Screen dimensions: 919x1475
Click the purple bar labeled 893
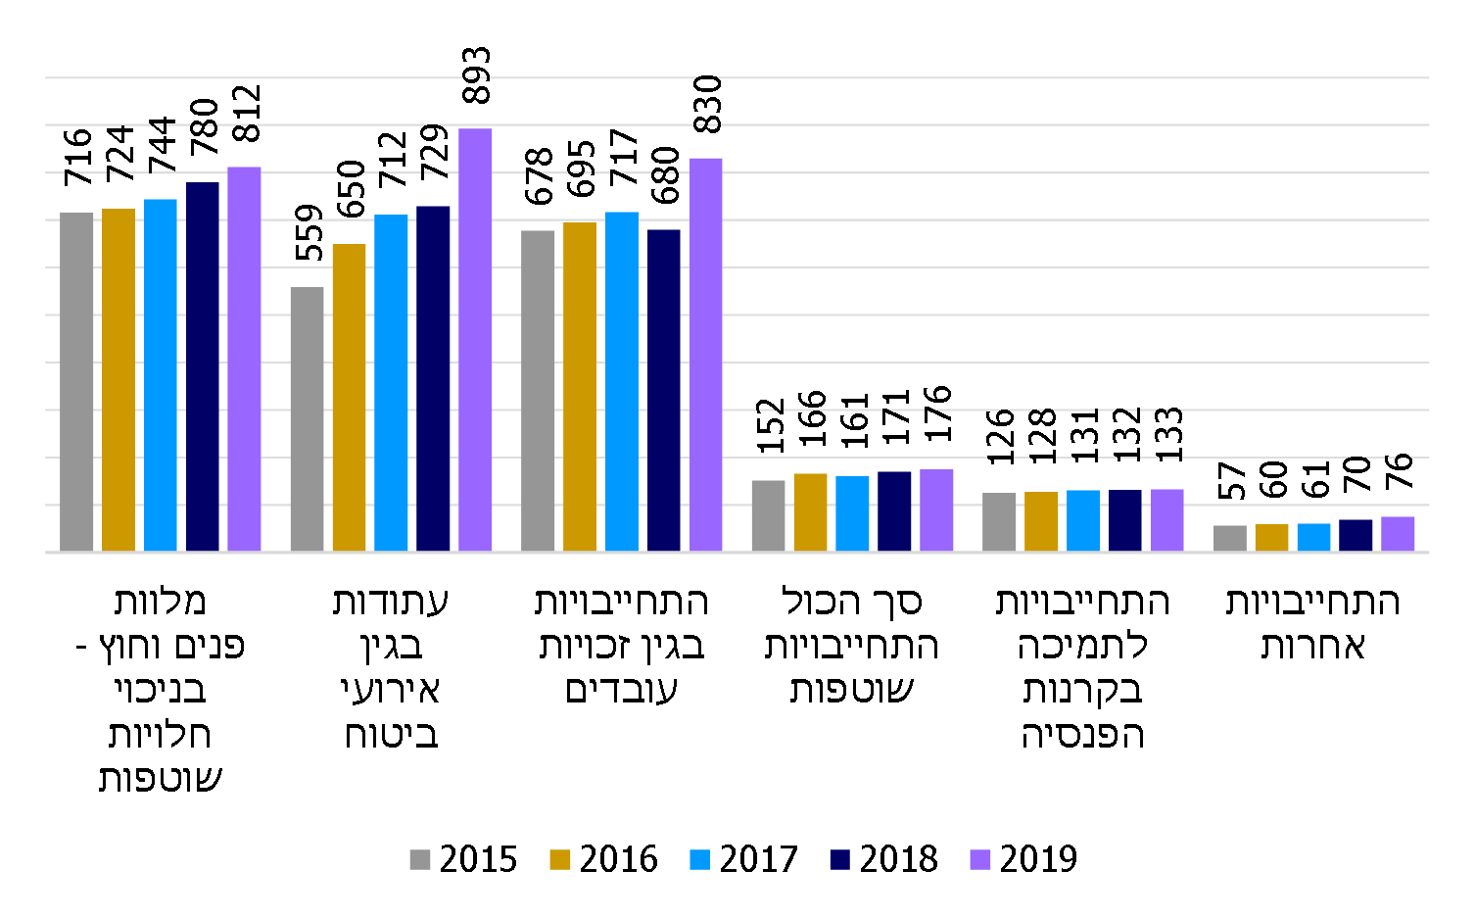click(x=475, y=339)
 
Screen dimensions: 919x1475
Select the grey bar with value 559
click(x=307, y=418)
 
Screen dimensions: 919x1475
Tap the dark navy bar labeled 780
click(x=202, y=366)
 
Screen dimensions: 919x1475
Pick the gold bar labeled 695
click(x=580, y=386)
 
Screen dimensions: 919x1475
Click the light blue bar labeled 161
click(x=852, y=512)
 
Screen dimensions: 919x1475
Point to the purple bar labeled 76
click(x=1398, y=533)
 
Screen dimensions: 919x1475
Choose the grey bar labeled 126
click(x=999, y=521)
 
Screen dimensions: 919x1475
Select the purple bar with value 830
click(x=705, y=354)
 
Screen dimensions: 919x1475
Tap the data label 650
click(x=350, y=189)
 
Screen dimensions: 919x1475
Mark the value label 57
click(x=1231, y=480)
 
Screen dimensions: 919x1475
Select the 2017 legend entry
click(x=744, y=859)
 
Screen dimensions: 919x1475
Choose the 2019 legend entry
click(x=1024, y=859)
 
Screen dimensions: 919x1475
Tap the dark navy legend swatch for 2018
click(x=840, y=860)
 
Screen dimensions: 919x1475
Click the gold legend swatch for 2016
click(x=560, y=860)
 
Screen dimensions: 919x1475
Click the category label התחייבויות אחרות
click(x=1312, y=623)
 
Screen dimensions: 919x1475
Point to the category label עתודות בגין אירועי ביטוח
click(x=390, y=667)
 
